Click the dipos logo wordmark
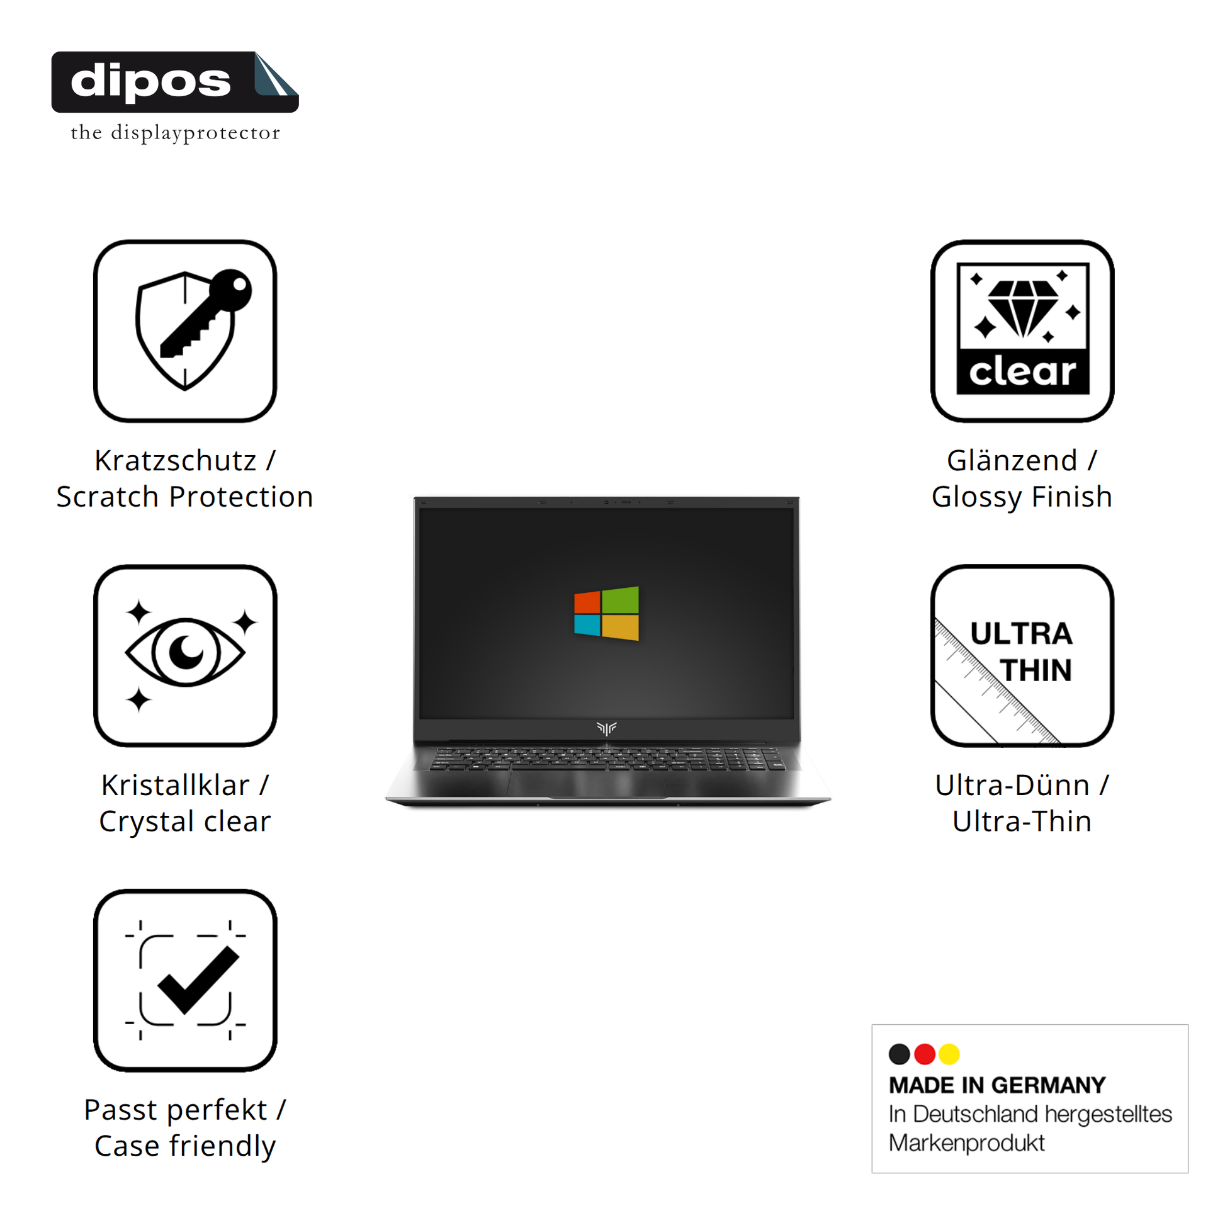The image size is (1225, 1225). point(151,82)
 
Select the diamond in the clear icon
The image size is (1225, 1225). point(1022,308)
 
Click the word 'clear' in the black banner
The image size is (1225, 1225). point(1022,372)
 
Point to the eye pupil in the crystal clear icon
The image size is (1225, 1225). point(186,651)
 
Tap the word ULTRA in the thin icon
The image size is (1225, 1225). point(1021,634)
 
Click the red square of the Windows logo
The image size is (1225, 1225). point(587,602)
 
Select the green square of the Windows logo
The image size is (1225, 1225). point(620,600)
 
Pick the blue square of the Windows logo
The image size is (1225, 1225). point(587,625)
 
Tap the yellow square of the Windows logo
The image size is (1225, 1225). point(620,628)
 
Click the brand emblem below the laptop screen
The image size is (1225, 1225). point(606,728)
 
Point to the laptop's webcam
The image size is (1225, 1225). point(606,502)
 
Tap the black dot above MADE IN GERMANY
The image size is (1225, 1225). point(899,1054)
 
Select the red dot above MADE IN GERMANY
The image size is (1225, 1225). point(925,1054)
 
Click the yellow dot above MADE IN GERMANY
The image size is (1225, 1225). point(949,1054)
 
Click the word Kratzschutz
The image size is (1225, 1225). point(175,461)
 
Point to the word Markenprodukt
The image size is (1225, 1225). point(966,1143)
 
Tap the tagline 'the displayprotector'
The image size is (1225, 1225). point(175,133)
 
